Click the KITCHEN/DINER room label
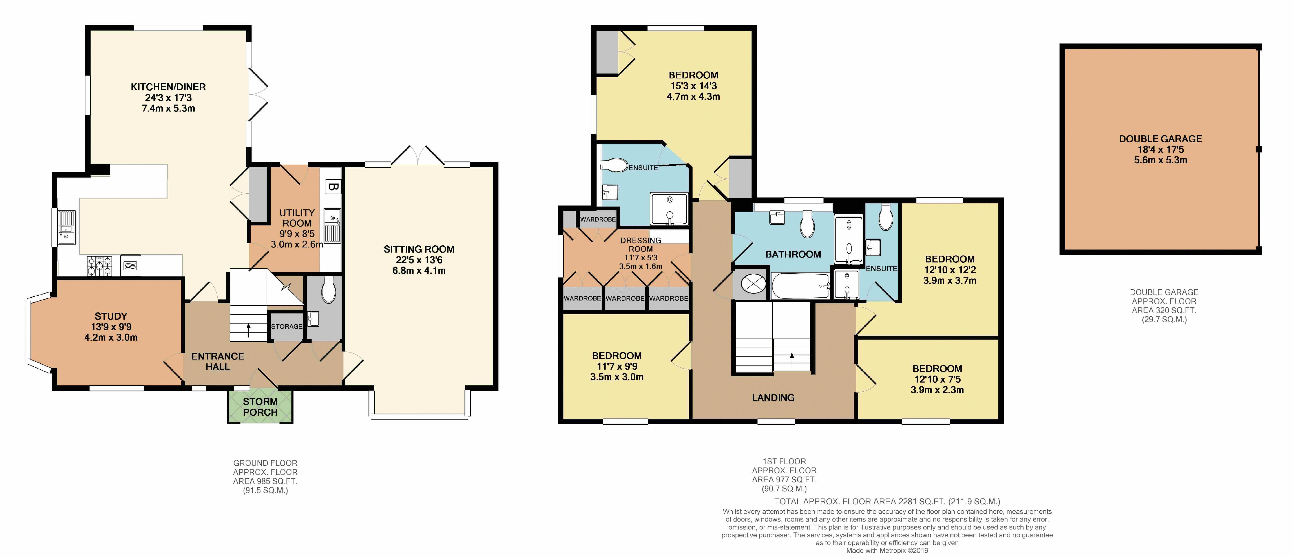[x=168, y=87]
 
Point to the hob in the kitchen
[x=100, y=266]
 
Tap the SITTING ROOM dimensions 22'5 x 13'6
[x=419, y=260]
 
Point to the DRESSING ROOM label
[x=641, y=245]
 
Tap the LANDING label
[x=773, y=398]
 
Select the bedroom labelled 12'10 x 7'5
[x=937, y=379]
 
